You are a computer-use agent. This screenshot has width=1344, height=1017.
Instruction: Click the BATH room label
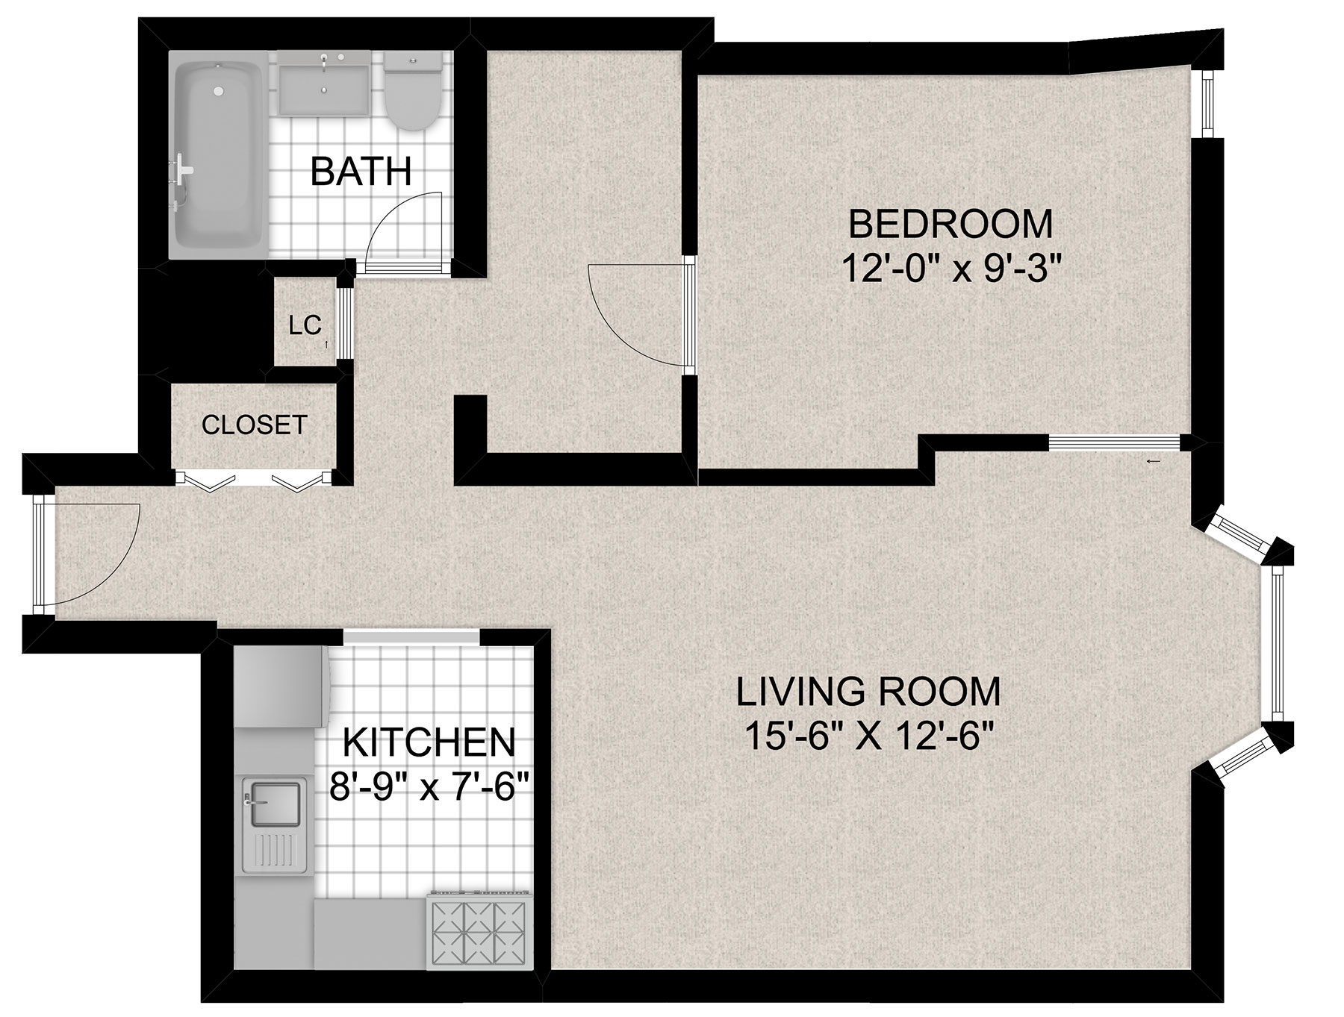[x=361, y=172]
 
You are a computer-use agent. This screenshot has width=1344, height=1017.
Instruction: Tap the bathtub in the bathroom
[x=219, y=154]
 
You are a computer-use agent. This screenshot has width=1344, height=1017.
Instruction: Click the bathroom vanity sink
[x=325, y=83]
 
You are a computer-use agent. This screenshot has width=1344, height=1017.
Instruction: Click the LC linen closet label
[x=305, y=325]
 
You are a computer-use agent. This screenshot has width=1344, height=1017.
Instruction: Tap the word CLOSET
[x=255, y=425]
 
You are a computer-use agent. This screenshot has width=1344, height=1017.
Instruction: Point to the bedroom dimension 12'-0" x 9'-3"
[x=951, y=268]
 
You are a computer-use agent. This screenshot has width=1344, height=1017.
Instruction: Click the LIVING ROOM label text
[x=868, y=692]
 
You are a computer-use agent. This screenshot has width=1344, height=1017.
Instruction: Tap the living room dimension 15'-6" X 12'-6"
[x=868, y=737]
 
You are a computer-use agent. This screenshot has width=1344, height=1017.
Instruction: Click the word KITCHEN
[x=429, y=742]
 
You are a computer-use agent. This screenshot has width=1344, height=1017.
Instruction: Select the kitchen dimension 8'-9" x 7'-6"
[x=429, y=786]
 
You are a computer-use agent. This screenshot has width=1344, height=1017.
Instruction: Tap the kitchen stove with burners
[x=479, y=930]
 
